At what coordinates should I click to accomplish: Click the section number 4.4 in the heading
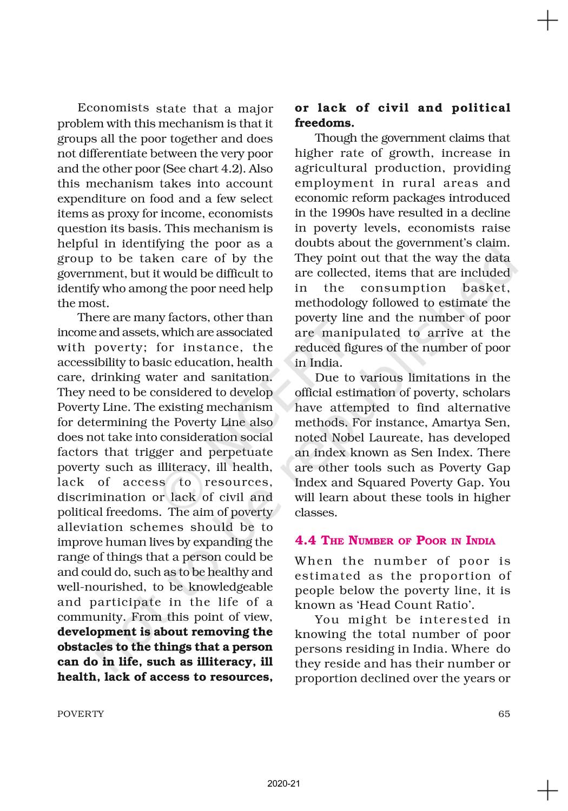pos(306,541)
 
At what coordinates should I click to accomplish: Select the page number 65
pos(504,714)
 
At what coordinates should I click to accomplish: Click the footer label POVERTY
pos(81,714)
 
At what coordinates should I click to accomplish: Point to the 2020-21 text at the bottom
pos(283,784)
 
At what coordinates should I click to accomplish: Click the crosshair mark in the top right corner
pos(547,22)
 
